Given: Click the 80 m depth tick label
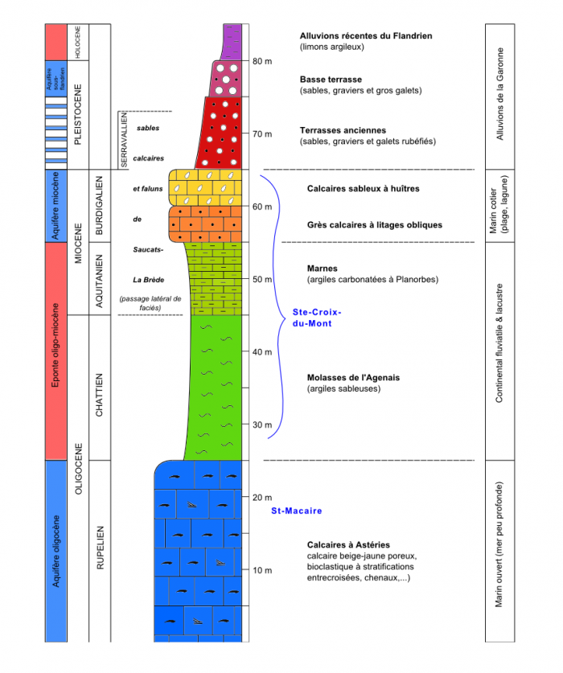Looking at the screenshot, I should coord(262,61).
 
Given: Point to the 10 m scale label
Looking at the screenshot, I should coord(262,570).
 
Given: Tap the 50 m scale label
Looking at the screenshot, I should coord(262,279).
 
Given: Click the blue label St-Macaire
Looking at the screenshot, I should coord(296,511).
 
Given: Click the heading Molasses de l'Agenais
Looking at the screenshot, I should coord(353,377).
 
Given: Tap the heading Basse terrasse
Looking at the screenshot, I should coord(330,79).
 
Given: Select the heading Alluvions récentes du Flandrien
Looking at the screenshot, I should coord(366,35).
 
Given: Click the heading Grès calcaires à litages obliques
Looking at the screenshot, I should coord(374,224).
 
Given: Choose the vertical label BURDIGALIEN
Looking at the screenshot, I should coord(101,204).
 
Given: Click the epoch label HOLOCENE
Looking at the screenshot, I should coord(78,41).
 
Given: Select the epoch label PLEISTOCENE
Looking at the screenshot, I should coord(78,113).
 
